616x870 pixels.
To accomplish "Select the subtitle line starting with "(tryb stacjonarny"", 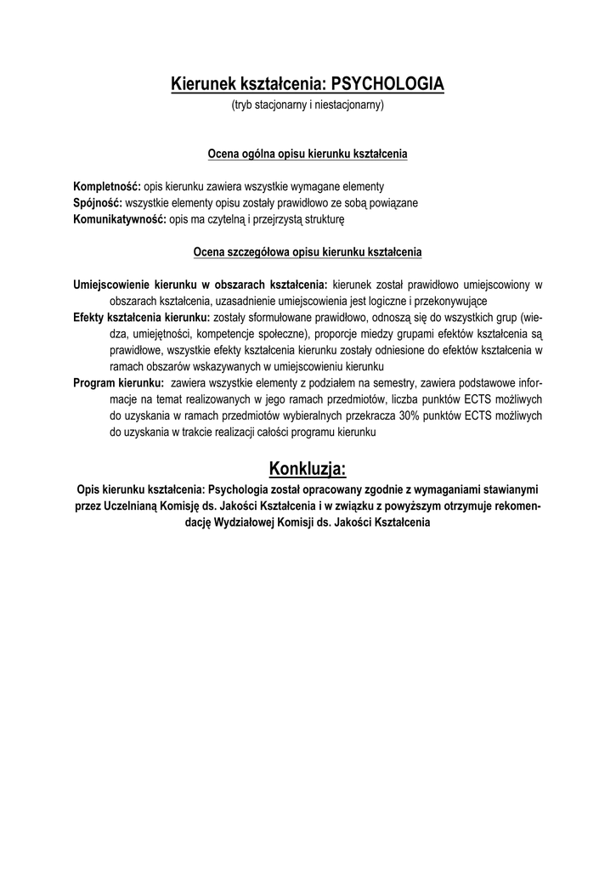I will [308, 105].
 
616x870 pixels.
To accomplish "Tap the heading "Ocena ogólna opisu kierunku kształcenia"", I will [308, 155].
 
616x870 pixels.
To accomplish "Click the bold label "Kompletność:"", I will [106, 186].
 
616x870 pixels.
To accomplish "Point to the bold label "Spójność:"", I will [98, 203].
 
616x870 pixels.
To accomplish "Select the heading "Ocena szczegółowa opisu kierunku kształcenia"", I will [308, 252].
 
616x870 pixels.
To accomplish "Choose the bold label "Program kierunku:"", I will [118, 383].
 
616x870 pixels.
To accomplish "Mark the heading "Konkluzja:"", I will [308, 468].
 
